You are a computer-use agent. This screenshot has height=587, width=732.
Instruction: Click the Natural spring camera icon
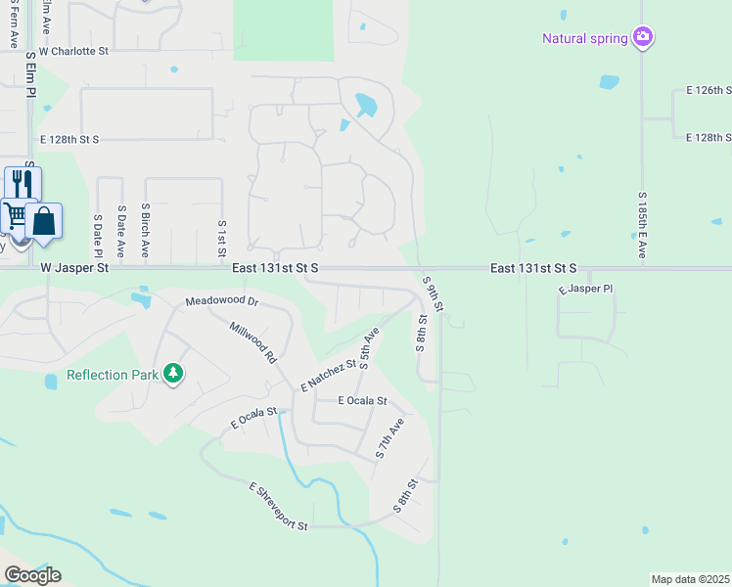pyautogui.click(x=643, y=37)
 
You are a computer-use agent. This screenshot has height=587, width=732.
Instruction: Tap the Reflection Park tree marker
pyautogui.click(x=173, y=373)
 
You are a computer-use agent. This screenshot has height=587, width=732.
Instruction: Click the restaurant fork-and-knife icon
pyautogui.click(x=23, y=184)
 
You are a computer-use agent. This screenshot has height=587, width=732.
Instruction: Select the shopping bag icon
pyautogui.click(x=44, y=220)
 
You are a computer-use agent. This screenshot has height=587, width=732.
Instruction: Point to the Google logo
pyautogui.click(x=32, y=575)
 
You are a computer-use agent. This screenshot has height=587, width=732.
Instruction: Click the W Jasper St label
pyautogui.click(x=74, y=267)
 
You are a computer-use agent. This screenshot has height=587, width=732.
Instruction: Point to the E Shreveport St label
pyautogui.click(x=279, y=507)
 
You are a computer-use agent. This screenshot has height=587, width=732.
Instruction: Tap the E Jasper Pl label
pyautogui.click(x=585, y=290)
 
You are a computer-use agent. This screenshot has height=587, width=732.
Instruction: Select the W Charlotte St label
pyautogui.click(x=73, y=49)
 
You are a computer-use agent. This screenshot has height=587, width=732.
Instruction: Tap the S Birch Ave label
pyautogui.click(x=145, y=231)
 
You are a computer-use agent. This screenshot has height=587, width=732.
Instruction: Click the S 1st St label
pyautogui.click(x=222, y=234)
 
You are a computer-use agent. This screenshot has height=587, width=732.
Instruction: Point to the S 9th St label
pyautogui.click(x=435, y=294)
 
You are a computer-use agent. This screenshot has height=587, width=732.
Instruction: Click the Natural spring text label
pyautogui.click(x=586, y=38)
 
